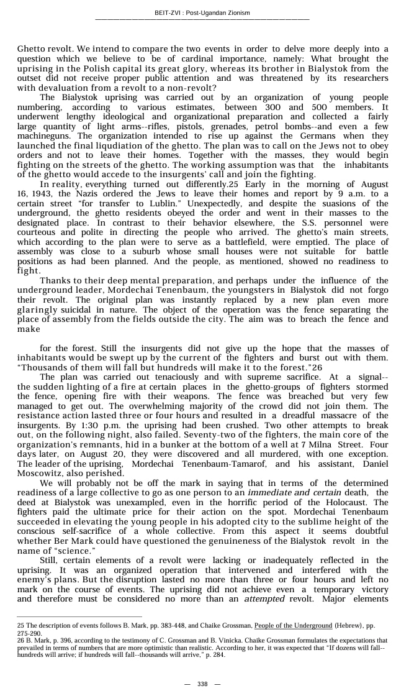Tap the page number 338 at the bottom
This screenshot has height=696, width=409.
(x=202, y=684)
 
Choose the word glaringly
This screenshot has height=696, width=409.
(x=42, y=309)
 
